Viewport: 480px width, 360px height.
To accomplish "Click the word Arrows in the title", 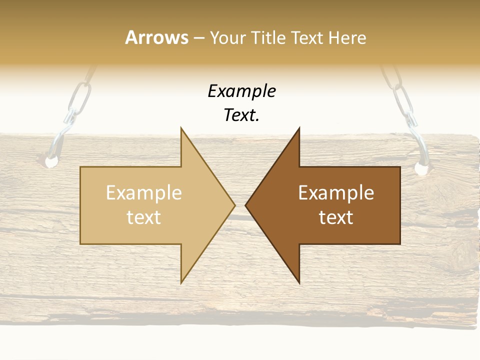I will coord(156,37).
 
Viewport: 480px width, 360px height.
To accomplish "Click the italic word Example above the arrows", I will coord(241,91).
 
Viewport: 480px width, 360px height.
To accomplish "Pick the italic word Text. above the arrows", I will coord(241,115).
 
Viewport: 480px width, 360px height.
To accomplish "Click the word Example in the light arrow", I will coord(144,192).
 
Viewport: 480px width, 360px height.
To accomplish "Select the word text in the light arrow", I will coord(144,217).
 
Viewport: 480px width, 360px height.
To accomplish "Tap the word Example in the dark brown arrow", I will coord(336,192).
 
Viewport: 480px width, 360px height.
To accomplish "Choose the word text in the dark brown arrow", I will coord(336,217).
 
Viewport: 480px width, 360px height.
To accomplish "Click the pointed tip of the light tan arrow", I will coord(234,205).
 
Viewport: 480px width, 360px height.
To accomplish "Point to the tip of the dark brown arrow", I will coord(246,205).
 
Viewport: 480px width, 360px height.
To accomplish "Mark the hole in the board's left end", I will coord(51,161).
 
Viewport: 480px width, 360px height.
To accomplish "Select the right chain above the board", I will coord(400,95).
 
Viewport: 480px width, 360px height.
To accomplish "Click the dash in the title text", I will coord(198,38).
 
